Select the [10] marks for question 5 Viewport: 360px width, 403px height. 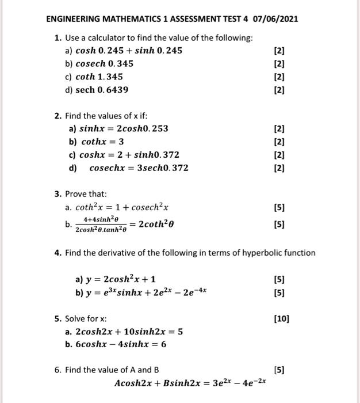282,318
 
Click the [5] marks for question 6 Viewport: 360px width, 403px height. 279,370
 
